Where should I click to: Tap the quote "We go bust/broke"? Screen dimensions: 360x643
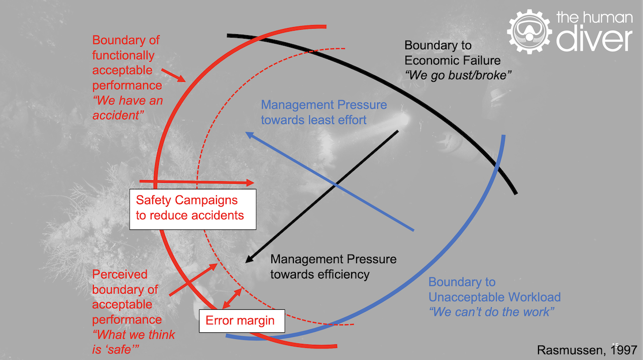click(x=458, y=75)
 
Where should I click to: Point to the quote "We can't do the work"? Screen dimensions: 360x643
click(x=491, y=312)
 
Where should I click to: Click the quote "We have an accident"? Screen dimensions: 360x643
click(x=128, y=108)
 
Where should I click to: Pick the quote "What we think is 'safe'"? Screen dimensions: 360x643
click(x=134, y=341)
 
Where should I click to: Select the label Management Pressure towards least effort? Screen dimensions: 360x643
click(x=324, y=112)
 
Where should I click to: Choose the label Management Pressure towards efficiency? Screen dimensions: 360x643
click(x=333, y=267)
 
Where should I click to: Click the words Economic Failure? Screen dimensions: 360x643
click(x=453, y=61)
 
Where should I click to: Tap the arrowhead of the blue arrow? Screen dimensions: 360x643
click(x=247, y=134)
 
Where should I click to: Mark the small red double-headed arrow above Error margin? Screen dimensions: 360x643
click(x=231, y=299)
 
